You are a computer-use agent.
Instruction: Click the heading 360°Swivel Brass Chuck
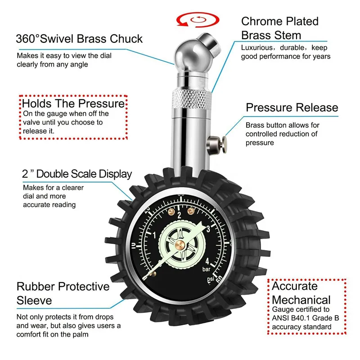pyautogui.click(x=79, y=39)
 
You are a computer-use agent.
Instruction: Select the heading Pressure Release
pyautogui.click(x=292, y=108)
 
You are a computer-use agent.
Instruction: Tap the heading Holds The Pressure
pyautogui.click(x=73, y=104)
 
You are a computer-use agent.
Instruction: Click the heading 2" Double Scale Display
pyautogui.click(x=77, y=174)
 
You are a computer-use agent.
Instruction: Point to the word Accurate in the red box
pyautogui.click(x=295, y=286)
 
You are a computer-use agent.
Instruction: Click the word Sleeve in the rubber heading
pyautogui.click(x=34, y=300)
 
